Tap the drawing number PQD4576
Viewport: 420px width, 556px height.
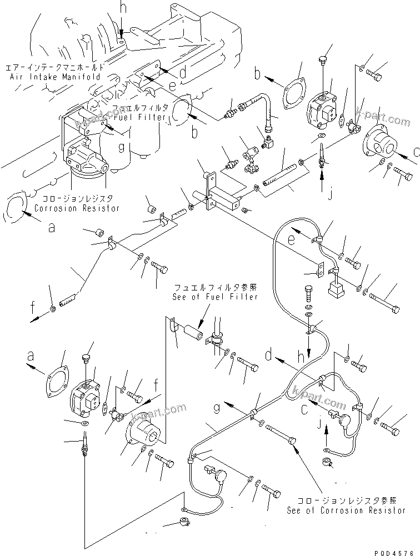[x=396, y=550]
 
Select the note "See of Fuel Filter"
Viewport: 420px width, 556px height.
[x=215, y=297]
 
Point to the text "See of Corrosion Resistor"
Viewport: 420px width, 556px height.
[x=346, y=510]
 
